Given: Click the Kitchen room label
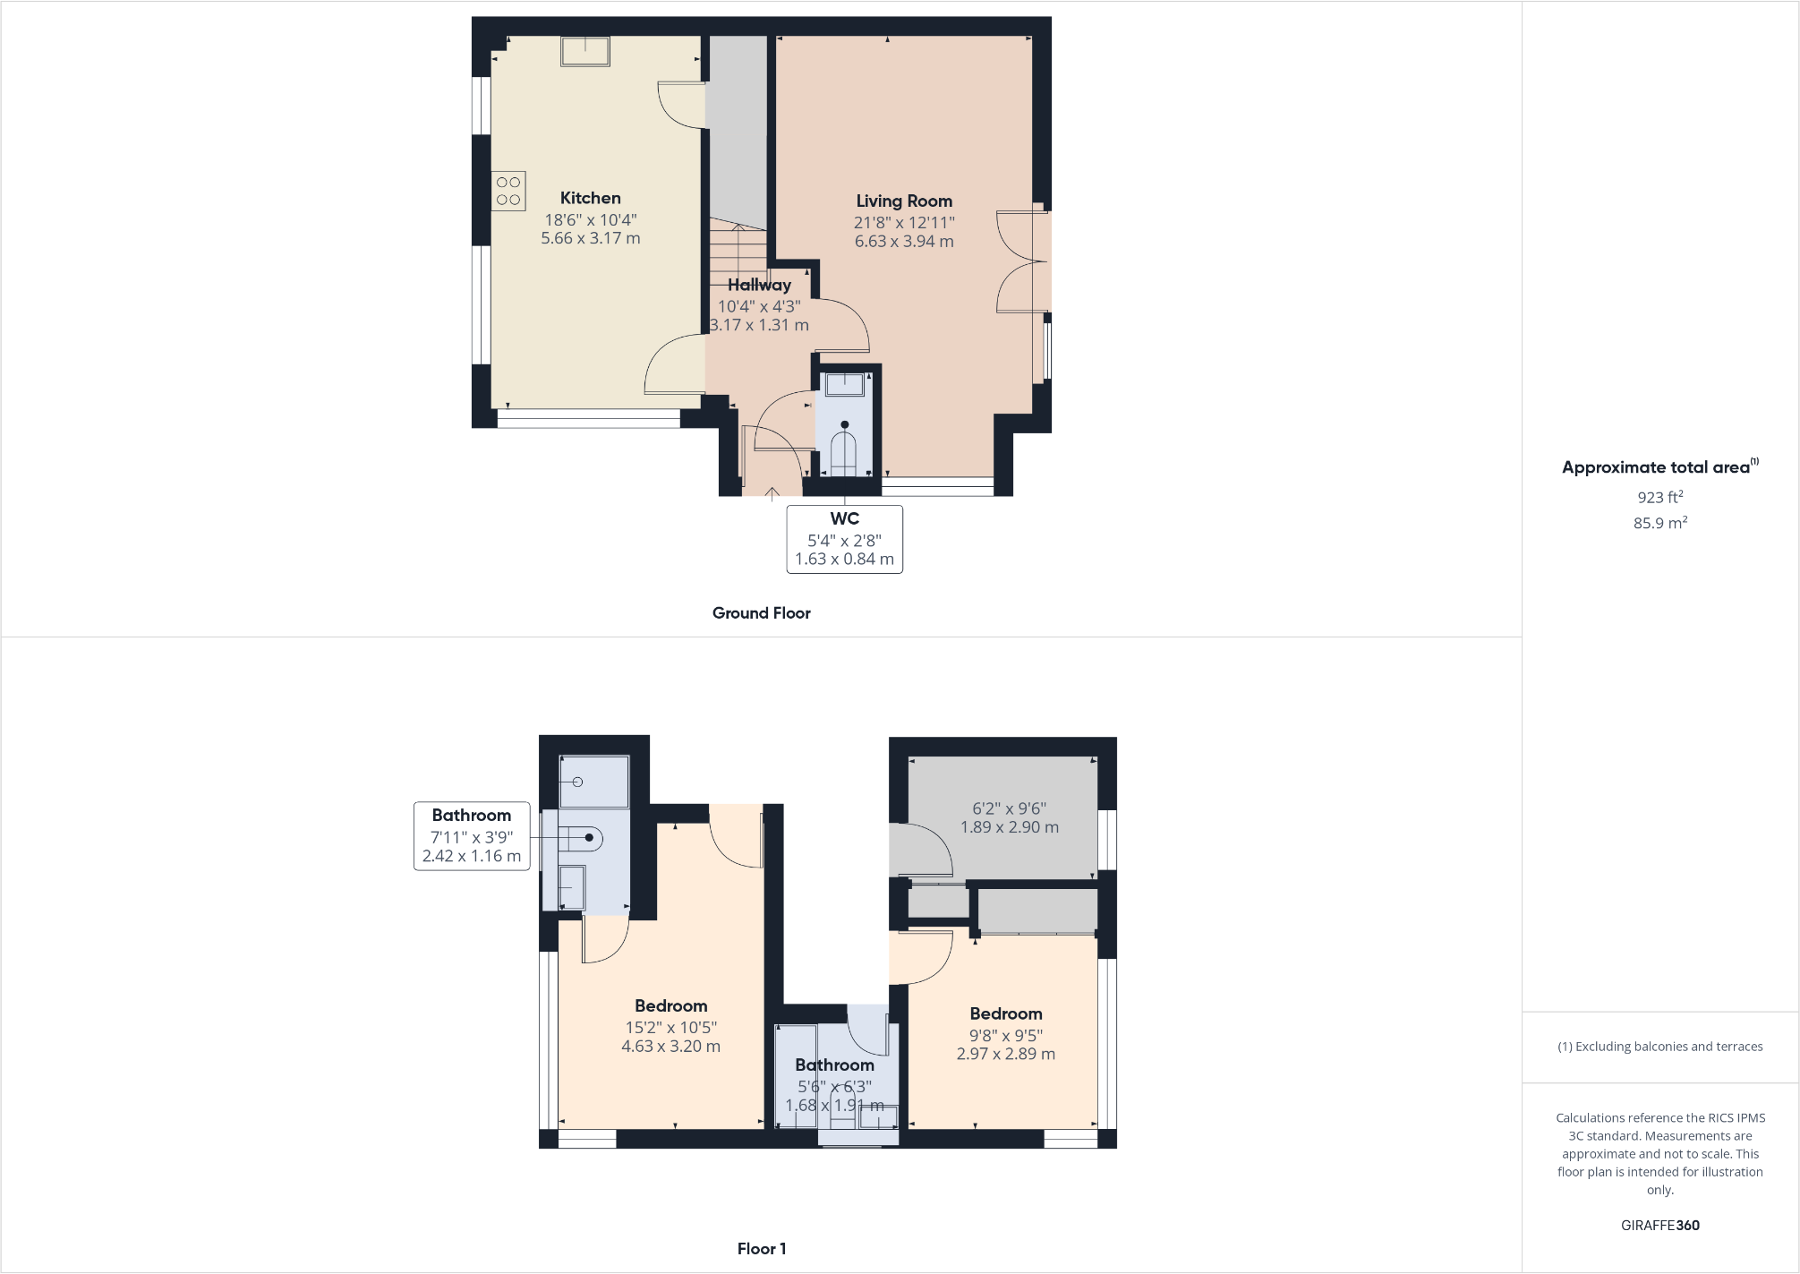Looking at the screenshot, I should click(590, 198).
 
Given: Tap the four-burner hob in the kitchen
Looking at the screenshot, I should click(508, 191).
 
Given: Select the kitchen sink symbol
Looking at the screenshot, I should click(585, 51).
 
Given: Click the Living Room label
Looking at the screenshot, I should click(904, 201).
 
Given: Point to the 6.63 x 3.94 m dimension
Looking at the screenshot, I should click(904, 242).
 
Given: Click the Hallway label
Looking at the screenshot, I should click(759, 285).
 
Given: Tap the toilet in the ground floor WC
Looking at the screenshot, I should click(844, 451).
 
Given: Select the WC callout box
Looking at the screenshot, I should click(844, 539).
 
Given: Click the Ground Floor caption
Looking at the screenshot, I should click(761, 613).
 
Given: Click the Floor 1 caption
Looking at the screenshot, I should click(761, 1249).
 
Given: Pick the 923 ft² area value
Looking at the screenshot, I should click(1659, 497).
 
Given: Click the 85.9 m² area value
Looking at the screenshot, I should click(1659, 523).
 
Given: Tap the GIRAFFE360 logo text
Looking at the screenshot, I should click(1659, 1226).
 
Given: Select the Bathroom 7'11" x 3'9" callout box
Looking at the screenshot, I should click(472, 836).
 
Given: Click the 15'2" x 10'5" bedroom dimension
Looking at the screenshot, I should click(670, 1027).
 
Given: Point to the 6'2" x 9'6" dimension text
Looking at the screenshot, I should click(1009, 808).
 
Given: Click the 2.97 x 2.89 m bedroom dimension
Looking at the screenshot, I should click(1005, 1055).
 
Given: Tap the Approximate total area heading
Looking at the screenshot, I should click(1656, 467).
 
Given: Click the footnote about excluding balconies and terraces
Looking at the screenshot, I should click(1659, 1047).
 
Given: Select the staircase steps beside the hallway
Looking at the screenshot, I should click(738, 246).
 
